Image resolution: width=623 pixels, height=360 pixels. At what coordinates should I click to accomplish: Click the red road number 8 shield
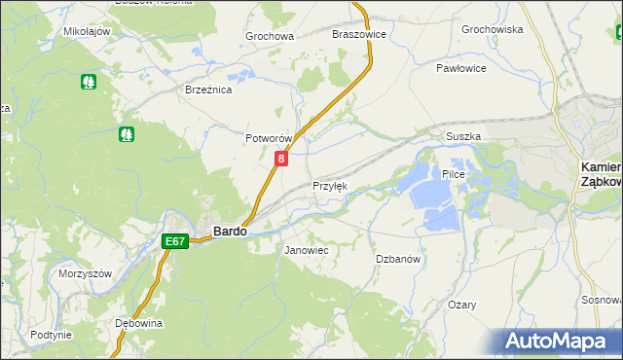point(281,159)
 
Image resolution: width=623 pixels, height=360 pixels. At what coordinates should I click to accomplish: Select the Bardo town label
point(230,233)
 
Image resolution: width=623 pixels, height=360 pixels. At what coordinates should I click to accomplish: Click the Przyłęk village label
point(329,186)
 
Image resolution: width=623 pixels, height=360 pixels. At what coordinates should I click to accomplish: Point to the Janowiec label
point(306,250)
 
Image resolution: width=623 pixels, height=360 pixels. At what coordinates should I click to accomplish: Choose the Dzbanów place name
point(398,259)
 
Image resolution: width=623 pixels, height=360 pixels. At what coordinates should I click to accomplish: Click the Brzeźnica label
point(208,90)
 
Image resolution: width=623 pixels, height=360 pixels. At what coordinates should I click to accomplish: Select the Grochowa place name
point(270,36)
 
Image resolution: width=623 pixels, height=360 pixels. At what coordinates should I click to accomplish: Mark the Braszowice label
point(359,33)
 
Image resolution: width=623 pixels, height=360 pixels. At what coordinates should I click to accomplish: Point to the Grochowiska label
point(493,29)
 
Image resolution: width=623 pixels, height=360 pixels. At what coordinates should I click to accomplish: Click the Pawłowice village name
point(461,68)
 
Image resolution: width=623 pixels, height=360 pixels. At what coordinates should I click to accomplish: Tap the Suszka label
point(463,137)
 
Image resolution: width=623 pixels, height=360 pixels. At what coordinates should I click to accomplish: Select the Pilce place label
point(455,174)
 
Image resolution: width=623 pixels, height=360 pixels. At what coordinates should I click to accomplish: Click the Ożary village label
point(462,305)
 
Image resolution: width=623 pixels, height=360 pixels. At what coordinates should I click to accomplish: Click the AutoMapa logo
point(558,342)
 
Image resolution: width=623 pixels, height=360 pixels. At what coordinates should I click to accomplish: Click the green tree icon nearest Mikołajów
point(89,82)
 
